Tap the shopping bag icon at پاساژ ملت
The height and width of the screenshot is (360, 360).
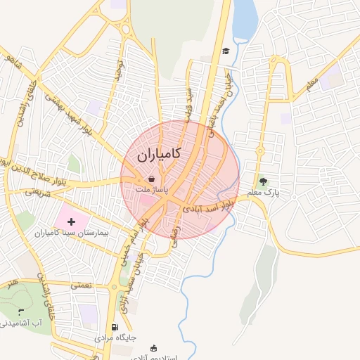coord(152,179)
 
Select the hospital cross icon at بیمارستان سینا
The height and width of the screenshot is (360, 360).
coord(70,221)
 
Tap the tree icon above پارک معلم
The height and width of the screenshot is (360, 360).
coord(264,181)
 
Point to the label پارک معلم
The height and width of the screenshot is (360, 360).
coord(264,192)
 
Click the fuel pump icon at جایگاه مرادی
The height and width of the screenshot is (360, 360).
coord(115,327)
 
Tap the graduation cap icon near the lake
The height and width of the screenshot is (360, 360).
coord(226,51)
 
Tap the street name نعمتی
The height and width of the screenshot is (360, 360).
coord(81,285)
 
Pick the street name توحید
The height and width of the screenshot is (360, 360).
coord(119,69)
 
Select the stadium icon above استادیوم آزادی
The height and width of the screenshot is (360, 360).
coord(153,347)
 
